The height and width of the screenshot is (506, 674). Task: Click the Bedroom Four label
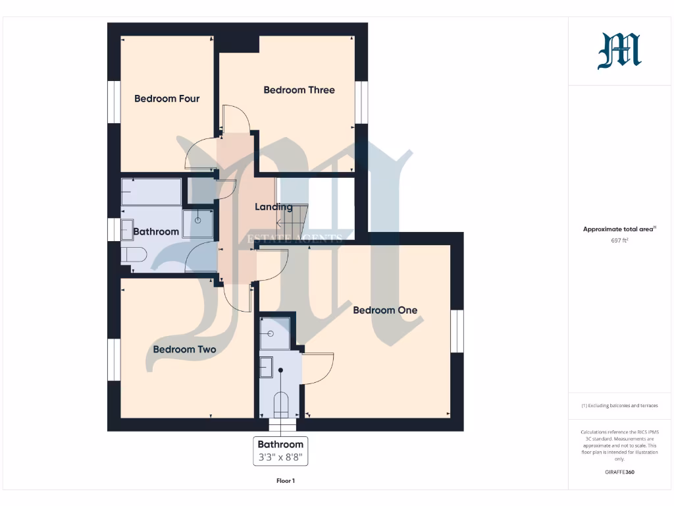[167, 99]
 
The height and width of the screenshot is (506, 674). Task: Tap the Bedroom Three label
[299, 90]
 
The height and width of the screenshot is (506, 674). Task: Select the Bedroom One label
[385, 310]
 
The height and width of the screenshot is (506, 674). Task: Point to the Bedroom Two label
[184, 349]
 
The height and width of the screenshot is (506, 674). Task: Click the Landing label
[274, 207]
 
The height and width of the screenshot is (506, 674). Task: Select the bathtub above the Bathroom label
[151, 192]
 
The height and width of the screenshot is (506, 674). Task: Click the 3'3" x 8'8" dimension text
[280, 457]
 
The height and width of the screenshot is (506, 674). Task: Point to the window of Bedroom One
[457, 331]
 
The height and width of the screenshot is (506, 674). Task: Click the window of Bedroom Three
[361, 102]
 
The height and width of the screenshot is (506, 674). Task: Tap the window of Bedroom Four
[114, 102]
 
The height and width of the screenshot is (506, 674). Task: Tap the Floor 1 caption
[286, 481]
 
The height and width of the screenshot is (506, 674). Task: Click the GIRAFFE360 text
[619, 472]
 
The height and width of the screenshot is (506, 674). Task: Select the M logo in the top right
[619, 52]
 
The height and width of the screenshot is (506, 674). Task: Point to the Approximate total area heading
[619, 229]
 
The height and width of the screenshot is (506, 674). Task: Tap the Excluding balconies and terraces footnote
[619, 406]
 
